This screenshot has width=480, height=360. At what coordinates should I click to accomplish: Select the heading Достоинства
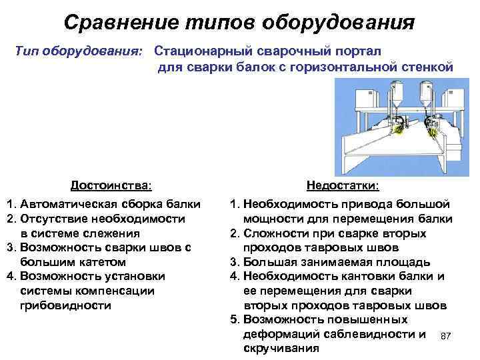coord(111,185)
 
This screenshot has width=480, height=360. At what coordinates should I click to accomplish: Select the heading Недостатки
coord(343,185)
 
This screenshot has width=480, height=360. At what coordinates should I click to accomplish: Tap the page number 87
coord(447,337)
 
